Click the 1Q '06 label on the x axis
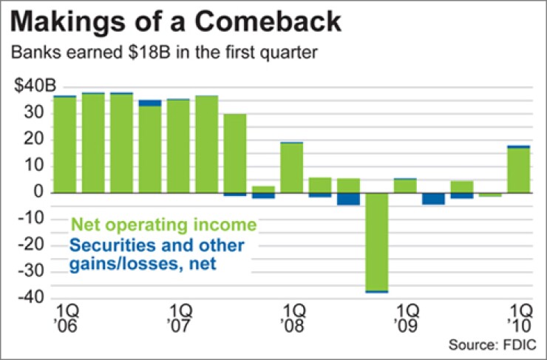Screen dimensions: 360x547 point(65,313)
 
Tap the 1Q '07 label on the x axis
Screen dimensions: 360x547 point(179,313)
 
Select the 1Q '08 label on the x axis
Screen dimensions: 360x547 point(292,313)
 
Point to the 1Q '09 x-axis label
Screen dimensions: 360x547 point(406,313)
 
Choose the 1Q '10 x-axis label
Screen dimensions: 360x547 point(519,313)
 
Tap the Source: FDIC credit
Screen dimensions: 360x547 point(492,345)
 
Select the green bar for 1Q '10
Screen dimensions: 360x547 point(519,170)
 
